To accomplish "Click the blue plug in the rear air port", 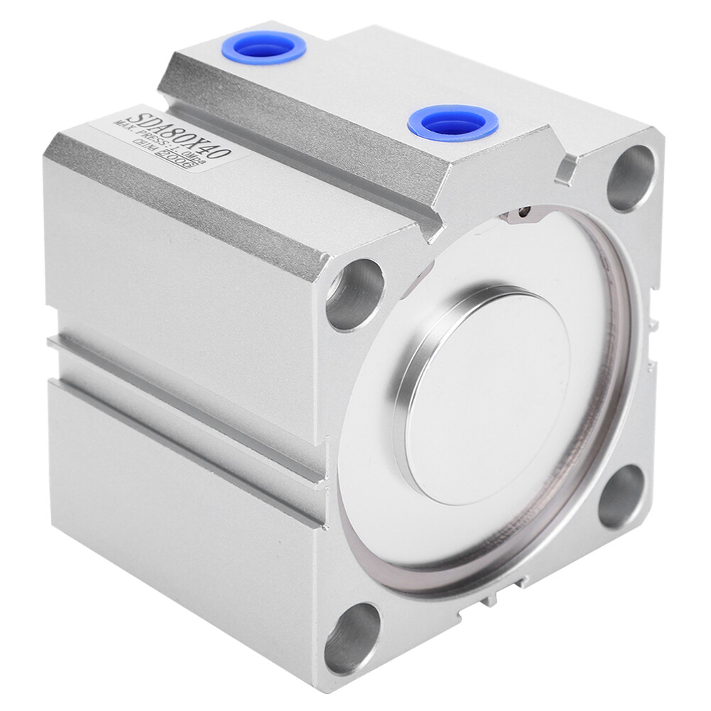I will (x=264, y=48).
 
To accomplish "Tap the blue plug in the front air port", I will (x=452, y=122).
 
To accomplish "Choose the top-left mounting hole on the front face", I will (x=355, y=294).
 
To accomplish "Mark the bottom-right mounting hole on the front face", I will (x=622, y=496).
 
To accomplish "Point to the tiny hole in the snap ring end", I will (x=524, y=211).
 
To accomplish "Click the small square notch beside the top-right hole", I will (x=567, y=169).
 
